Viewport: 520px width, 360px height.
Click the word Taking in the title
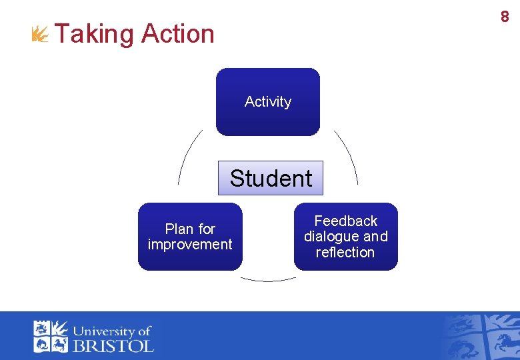click(95, 34)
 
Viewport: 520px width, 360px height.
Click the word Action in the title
click(178, 34)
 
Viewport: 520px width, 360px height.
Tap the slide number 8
click(505, 17)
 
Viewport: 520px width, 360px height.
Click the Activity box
click(268, 102)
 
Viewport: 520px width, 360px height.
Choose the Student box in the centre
click(271, 178)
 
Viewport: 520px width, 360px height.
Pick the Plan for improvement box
click(190, 237)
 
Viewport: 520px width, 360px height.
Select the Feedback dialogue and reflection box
click(345, 237)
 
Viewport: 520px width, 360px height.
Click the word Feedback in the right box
click(345, 221)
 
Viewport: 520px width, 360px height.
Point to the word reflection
click(345, 253)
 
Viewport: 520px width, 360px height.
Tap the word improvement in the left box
click(190, 245)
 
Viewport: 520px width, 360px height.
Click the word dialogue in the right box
click(333, 237)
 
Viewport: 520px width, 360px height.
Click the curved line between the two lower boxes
click(268, 279)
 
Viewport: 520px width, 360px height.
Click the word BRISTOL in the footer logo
click(113, 345)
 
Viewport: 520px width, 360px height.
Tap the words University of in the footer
click(112, 331)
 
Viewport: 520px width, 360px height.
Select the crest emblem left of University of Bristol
click(51, 337)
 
